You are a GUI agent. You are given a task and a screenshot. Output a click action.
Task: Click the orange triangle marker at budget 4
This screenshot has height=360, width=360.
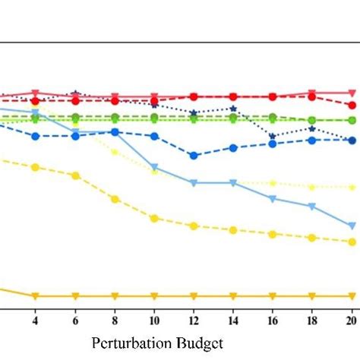pyautogui.click(x=35, y=295)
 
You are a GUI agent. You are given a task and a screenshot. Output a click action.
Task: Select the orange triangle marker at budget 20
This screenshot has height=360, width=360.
pyautogui.click(x=351, y=295)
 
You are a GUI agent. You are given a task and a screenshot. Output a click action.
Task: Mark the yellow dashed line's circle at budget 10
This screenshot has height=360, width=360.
pyautogui.click(x=154, y=218)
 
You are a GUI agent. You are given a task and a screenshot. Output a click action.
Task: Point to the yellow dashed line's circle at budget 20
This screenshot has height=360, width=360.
pyautogui.click(x=351, y=242)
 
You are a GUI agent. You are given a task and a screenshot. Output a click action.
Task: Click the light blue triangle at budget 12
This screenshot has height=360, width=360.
pyautogui.click(x=194, y=182)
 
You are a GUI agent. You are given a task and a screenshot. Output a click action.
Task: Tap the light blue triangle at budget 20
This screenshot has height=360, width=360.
pyautogui.click(x=351, y=226)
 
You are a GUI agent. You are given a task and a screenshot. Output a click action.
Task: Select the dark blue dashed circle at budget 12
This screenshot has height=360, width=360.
pyautogui.click(x=194, y=155)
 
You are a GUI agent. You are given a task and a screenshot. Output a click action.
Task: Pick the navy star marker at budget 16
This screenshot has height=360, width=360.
pyautogui.click(x=273, y=137)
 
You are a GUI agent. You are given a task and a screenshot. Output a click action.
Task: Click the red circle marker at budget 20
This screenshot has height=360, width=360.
pyautogui.click(x=351, y=105)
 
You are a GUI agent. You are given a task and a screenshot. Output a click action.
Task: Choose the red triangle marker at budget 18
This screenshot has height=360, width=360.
pyautogui.click(x=311, y=93)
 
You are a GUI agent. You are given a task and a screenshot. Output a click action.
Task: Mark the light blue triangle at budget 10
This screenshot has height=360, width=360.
pyautogui.click(x=154, y=167)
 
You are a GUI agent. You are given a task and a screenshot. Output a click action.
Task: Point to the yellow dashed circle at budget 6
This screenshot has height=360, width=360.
pyautogui.click(x=75, y=175)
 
